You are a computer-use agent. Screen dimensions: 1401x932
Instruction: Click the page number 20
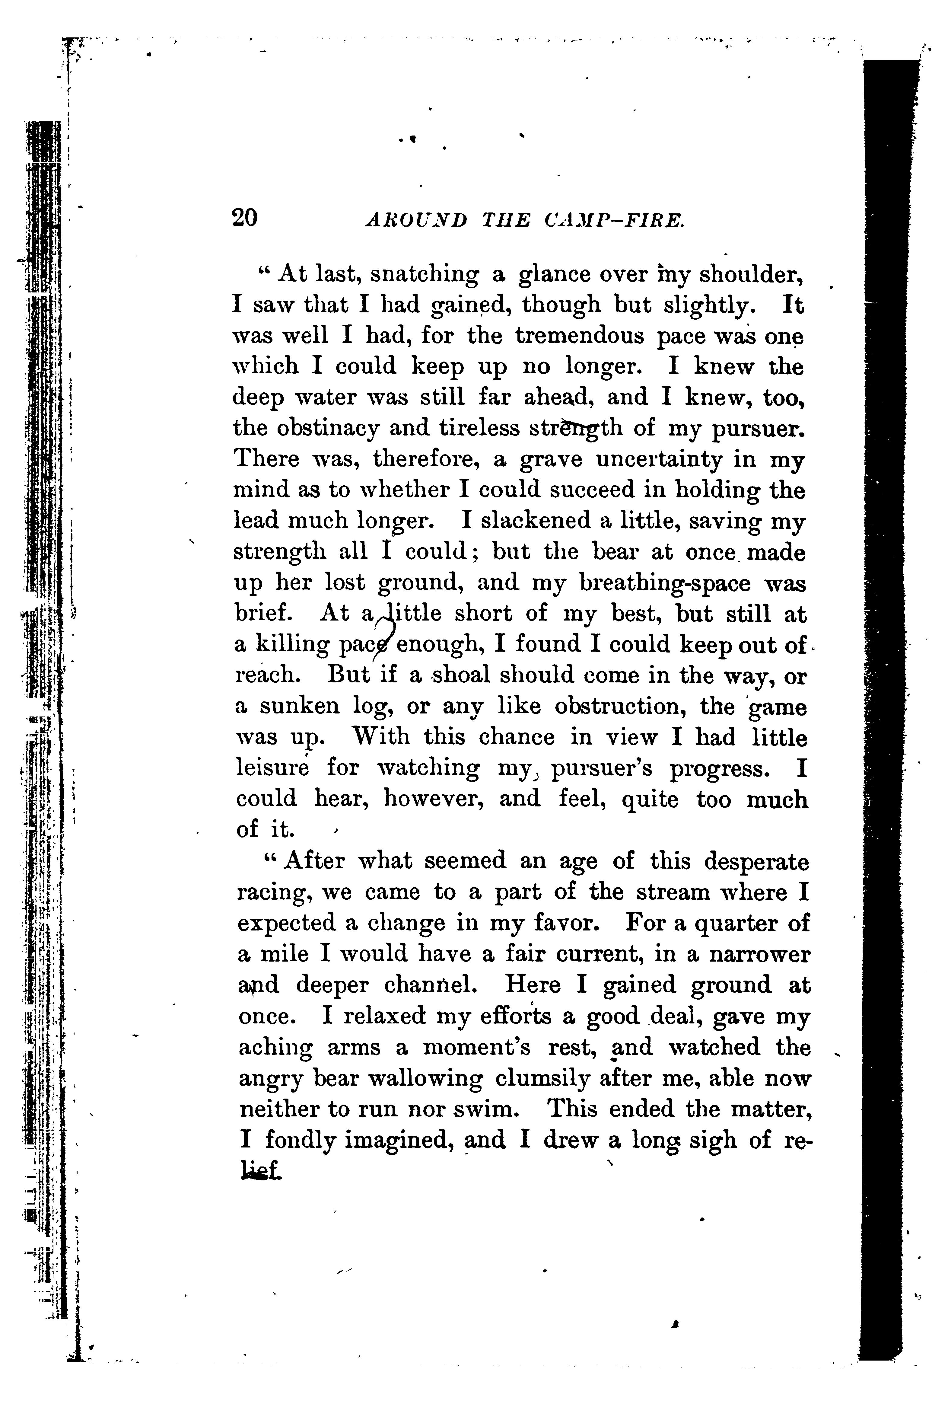click(x=245, y=218)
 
